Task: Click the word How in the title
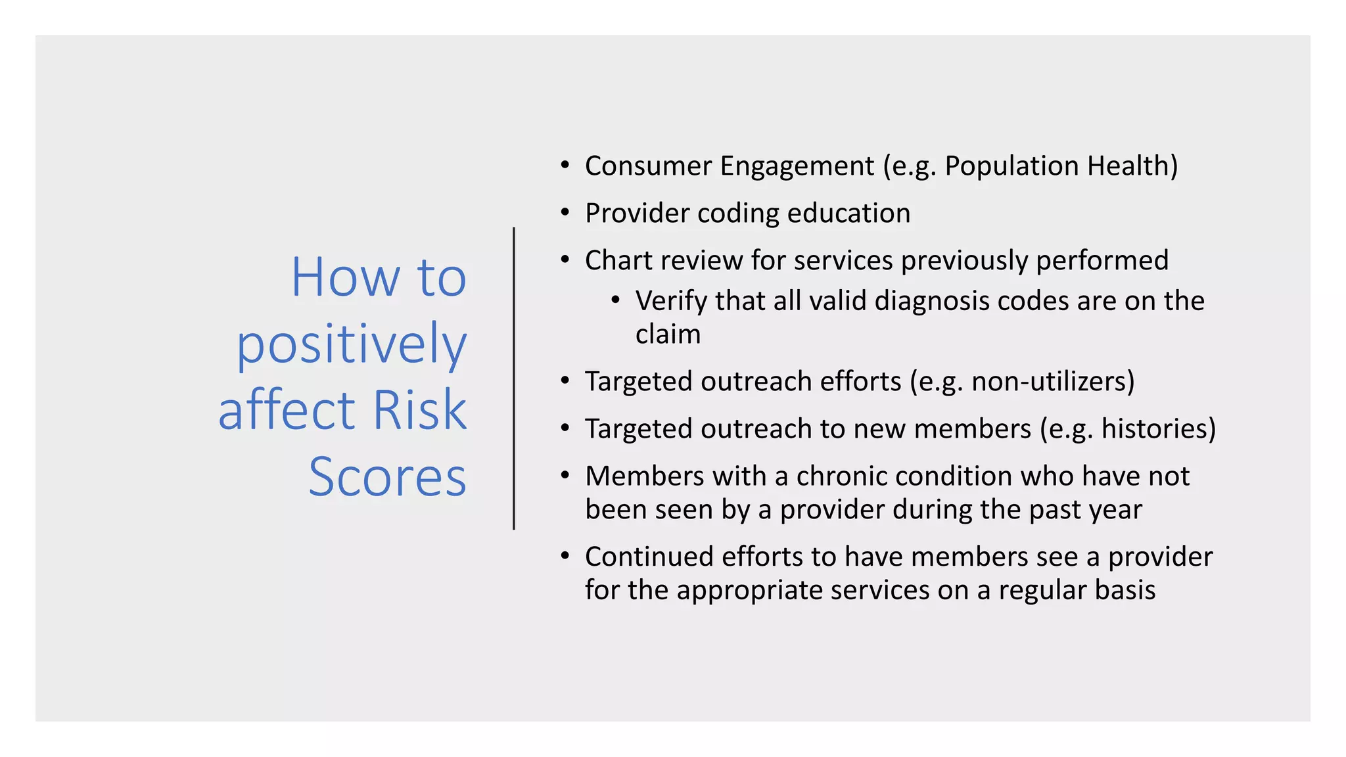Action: tap(345, 277)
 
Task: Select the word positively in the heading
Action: tap(352, 345)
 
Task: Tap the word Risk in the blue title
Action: tap(419, 411)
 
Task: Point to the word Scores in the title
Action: tap(387, 477)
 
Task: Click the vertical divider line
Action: tap(514, 378)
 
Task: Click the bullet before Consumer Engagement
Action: tap(565, 165)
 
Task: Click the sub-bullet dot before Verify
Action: tap(615, 301)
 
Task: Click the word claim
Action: tap(668, 334)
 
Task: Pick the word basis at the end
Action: tap(1125, 590)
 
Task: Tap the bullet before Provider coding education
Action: tap(565, 212)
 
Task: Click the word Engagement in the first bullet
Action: tap(797, 166)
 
